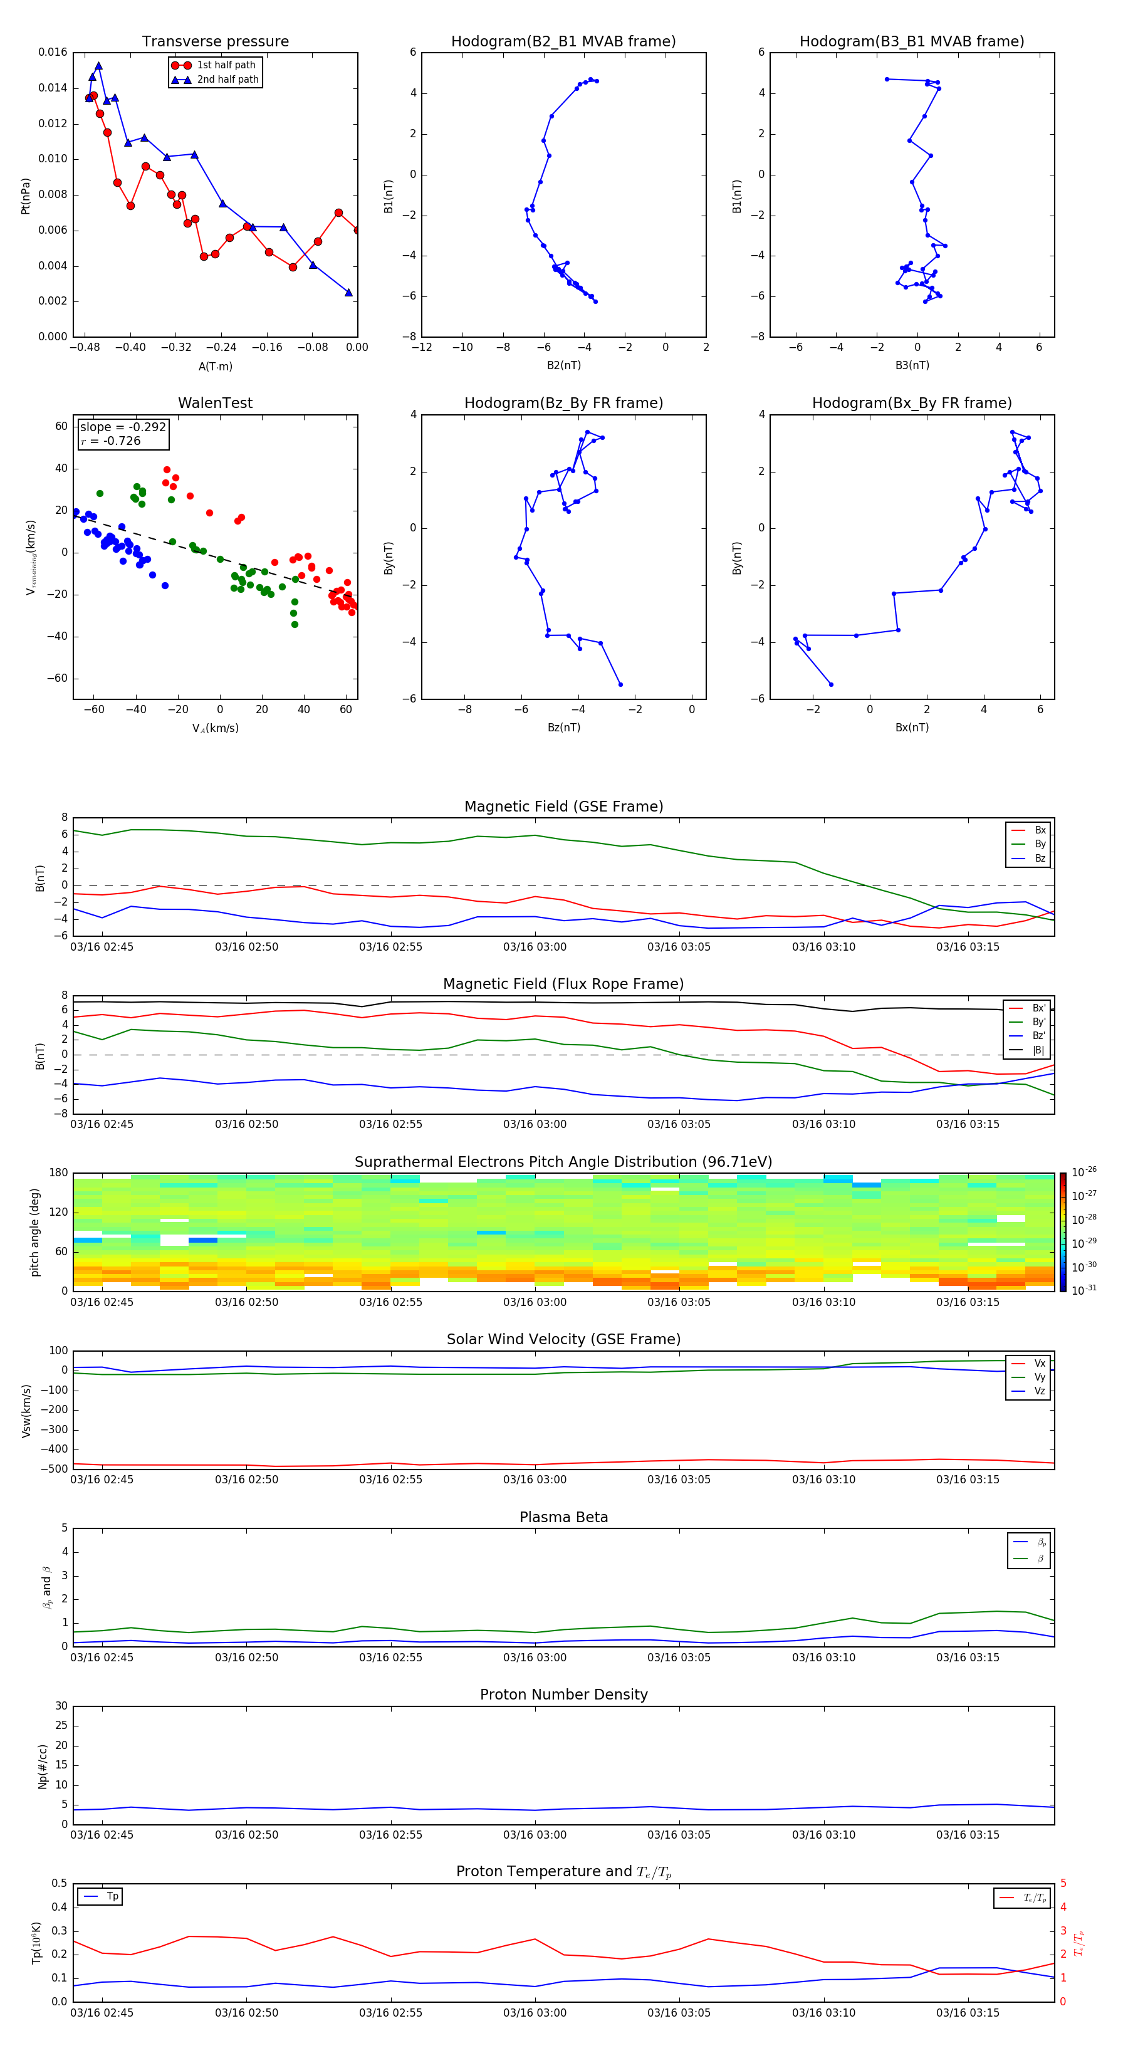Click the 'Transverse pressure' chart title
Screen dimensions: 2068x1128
215,42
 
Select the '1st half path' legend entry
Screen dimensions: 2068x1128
226,65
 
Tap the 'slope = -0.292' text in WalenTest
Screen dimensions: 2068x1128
123,427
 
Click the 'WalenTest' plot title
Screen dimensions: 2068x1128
215,403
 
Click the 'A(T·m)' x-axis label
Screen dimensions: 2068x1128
215,367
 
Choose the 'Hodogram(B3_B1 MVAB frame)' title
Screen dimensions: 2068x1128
911,42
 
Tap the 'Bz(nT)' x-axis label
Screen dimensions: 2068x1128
563,728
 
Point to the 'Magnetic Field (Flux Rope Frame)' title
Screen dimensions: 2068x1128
563,984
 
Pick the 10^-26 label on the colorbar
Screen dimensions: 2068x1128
1084,1172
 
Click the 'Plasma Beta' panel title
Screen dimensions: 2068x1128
563,1517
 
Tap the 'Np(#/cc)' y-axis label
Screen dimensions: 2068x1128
43,1766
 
